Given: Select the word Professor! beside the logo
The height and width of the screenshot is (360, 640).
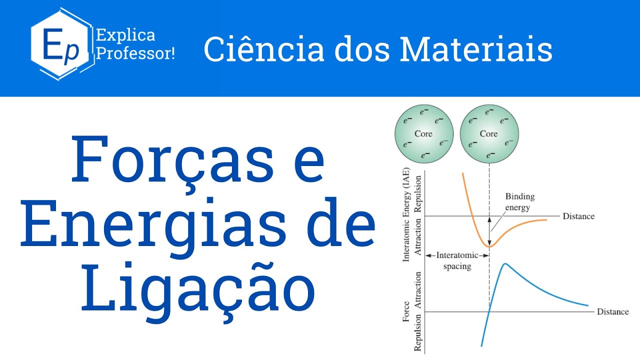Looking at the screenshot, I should click(135, 53).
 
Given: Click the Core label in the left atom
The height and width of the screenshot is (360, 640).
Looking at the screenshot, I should click(423, 134).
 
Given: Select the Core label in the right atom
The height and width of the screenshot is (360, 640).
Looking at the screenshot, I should click(488, 134).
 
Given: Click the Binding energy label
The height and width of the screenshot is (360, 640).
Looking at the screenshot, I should click(519, 202).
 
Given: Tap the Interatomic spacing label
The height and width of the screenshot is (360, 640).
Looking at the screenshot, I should click(457, 260).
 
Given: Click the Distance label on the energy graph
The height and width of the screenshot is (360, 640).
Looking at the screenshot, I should click(578, 216).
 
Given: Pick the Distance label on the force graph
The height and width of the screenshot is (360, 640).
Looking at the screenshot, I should click(612, 311).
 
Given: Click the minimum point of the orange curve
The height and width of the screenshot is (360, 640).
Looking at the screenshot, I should click(489, 246).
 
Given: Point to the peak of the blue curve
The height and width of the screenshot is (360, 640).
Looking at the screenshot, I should click(505, 264).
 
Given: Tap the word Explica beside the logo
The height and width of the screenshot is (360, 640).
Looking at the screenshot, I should click(125, 35).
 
